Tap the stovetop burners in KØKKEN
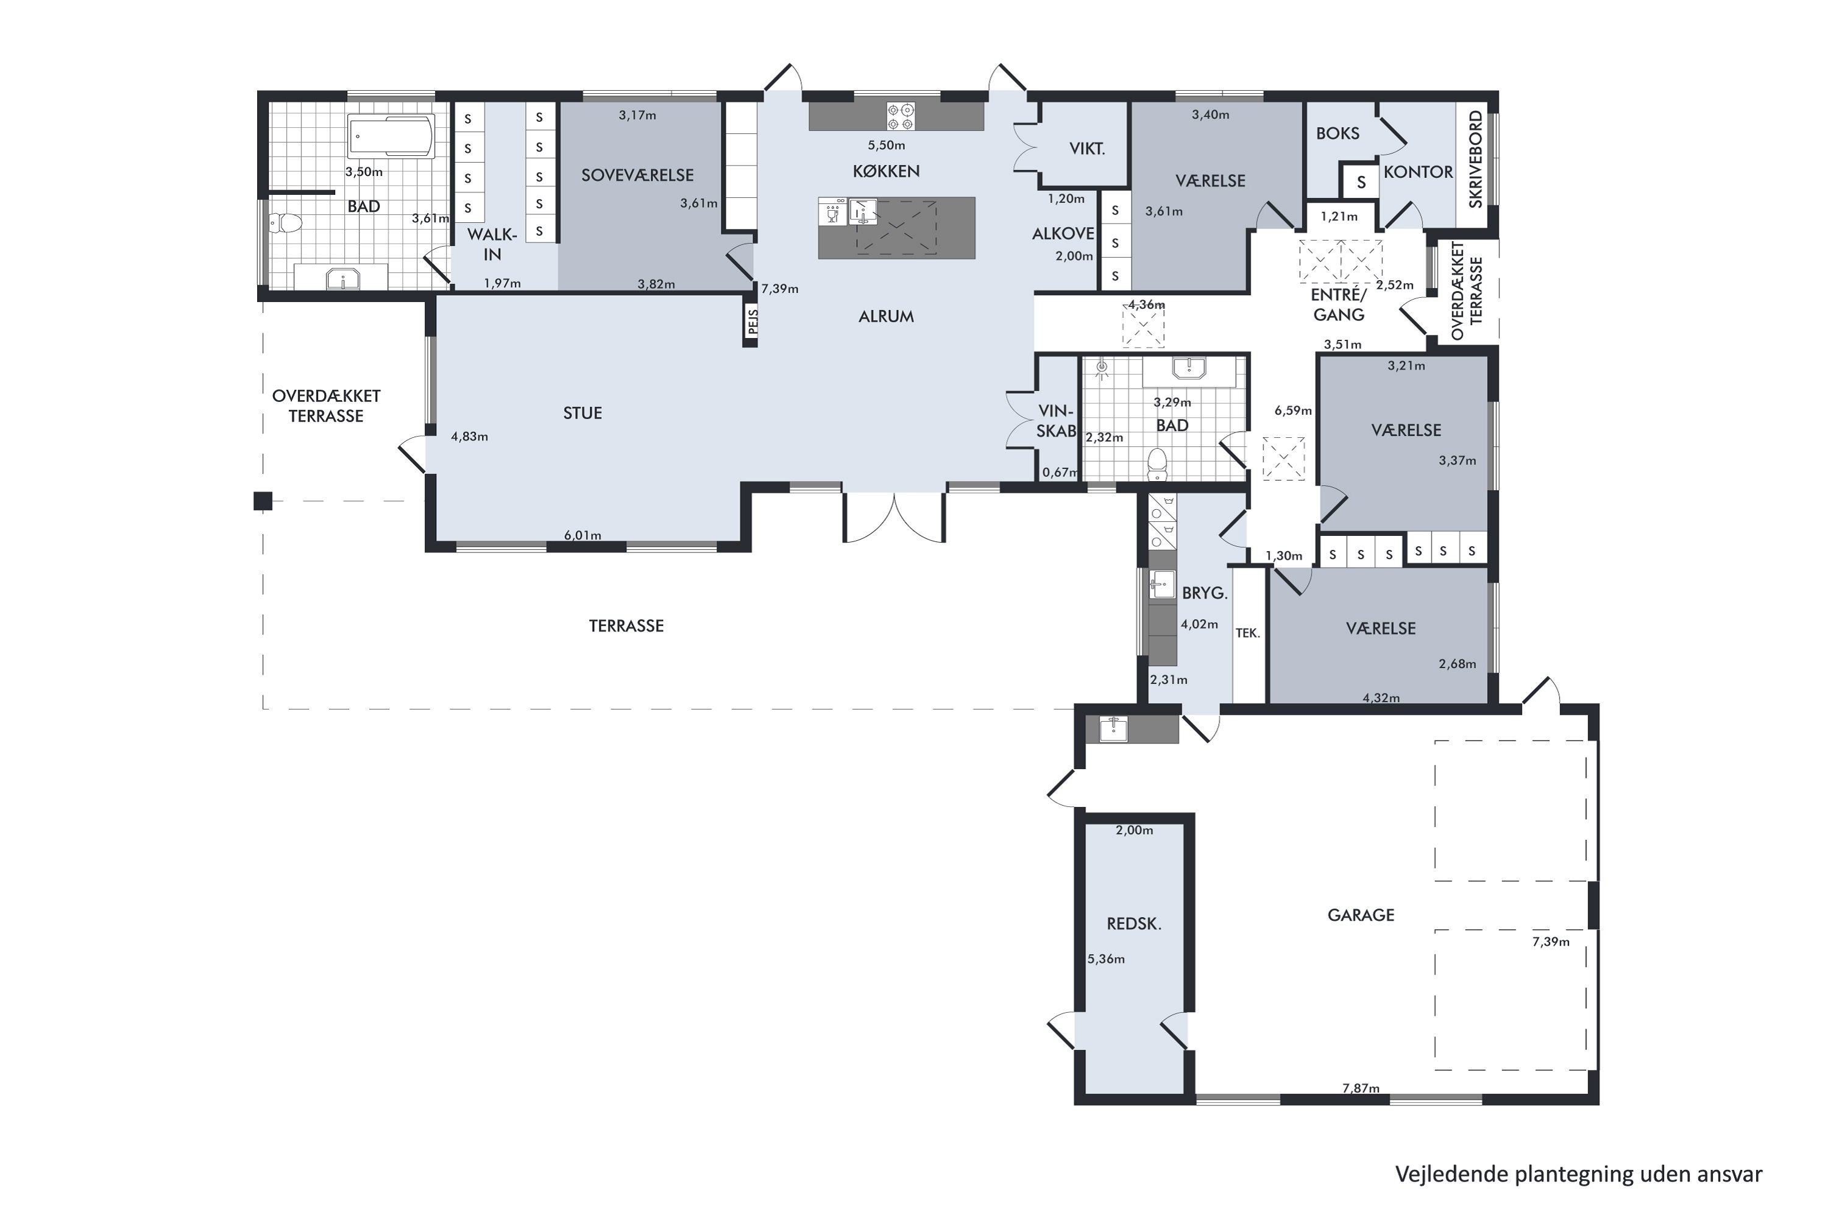coord(901,116)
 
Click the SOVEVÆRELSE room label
coord(637,175)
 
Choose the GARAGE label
coord(1360,915)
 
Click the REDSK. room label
coord(1134,924)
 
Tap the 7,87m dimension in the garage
coord(1361,1088)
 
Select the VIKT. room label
coord(1086,149)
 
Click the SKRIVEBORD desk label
coord(1475,159)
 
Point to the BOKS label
coord(1337,133)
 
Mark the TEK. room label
coord(1247,633)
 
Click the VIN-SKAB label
coord(1056,421)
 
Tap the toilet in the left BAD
coord(285,224)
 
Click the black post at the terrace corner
coord(263,501)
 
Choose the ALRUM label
coord(886,316)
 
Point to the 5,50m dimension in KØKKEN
coord(886,146)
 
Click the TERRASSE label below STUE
coord(626,626)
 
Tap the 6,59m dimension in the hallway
coord(1293,410)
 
